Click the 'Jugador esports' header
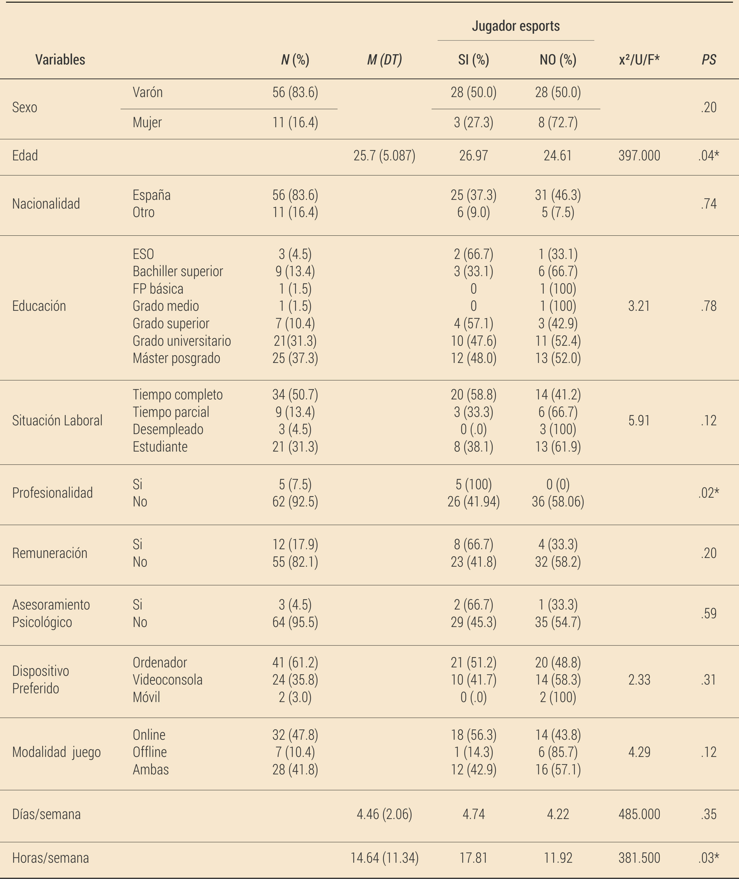pos(516,26)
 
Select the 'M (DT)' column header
pos(384,60)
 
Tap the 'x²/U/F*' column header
pos(639,60)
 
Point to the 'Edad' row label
pos(25,156)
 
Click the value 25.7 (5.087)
pos(384,156)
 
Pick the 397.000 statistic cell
pos(639,156)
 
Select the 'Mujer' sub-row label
pos(147,122)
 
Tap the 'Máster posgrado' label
pos(176,358)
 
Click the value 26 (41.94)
pos(473,502)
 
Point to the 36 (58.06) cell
pos(558,502)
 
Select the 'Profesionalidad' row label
pos(52,493)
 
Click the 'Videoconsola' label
pos(168,679)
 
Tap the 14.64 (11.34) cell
pos(384,858)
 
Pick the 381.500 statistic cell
pos(639,858)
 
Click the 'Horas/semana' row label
pos(50,858)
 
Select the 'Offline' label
pos(149,752)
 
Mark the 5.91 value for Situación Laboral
pos(639,421)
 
